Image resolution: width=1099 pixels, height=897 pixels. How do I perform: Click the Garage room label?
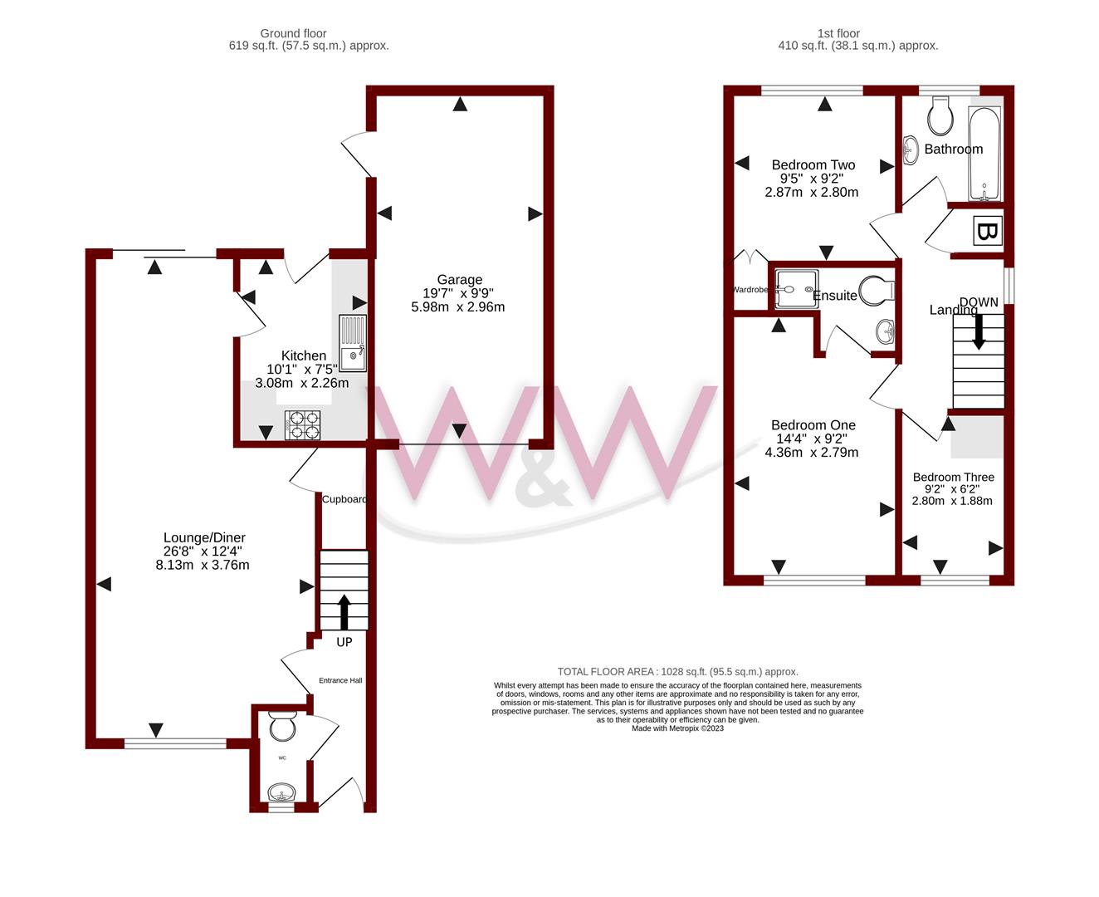point(459,280)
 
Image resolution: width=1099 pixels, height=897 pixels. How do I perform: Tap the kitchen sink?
point(352,343)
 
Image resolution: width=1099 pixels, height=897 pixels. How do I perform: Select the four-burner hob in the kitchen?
point(302,425)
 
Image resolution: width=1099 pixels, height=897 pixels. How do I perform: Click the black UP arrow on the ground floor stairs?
point(343,611)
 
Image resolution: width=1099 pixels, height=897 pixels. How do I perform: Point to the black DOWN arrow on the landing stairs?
point(979,330)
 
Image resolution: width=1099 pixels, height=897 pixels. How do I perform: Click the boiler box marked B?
point(985,231)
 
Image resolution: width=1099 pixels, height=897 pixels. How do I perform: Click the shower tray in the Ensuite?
point(796,289)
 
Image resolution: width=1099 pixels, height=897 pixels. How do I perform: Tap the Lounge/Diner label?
point(204,537)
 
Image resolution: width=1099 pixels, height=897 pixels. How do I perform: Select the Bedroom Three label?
point(953,477)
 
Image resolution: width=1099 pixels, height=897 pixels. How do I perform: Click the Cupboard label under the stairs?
point(344,499)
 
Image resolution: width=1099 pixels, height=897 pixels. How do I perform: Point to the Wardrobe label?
point(750,290)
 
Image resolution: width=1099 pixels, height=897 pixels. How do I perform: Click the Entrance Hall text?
point(340,680)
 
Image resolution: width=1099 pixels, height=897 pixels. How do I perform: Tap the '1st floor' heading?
point(838,33)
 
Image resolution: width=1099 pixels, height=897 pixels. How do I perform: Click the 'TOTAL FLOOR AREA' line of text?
point(677,672)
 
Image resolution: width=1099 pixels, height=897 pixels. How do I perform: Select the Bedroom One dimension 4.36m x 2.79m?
point(811,453)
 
